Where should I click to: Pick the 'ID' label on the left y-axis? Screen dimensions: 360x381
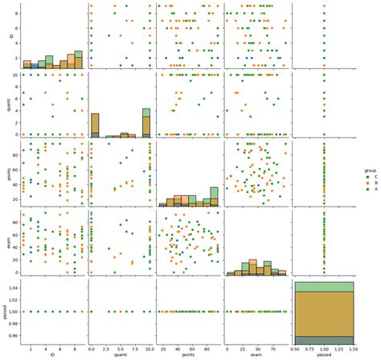click(5, 37)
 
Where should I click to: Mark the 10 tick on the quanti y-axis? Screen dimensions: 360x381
click(14, 75)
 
